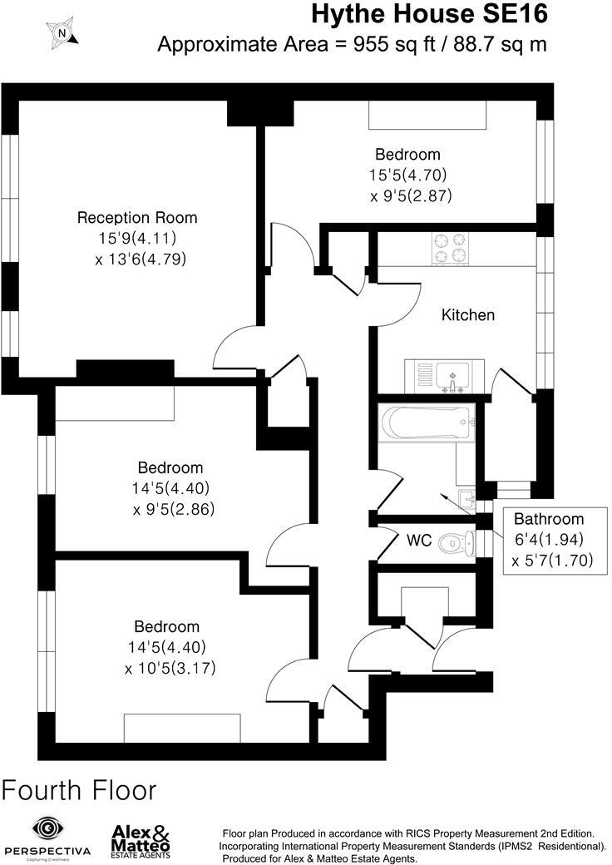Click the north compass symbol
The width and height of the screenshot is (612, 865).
click(x=63, y=33)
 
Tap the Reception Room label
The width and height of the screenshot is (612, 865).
click(x=137, y=218)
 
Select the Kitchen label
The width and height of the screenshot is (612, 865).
click(x=467, y=315)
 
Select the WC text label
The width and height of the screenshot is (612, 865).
click(x=419, y=541)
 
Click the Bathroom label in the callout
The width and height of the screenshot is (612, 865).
click(x=548, y=518)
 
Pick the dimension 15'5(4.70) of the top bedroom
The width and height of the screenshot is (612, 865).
click(x=408, y=175)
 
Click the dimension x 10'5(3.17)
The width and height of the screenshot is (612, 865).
click(x=170, y=668)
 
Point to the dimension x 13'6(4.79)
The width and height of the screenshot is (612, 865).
click(x=141, y=259)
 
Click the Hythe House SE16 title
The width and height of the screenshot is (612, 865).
click(x=430, y=14)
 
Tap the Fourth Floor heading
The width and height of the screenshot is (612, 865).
click(x=80, y=789)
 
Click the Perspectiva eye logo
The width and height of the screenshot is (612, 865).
click(x=47, y=828)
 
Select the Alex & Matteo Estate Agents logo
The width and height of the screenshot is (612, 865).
click(x=141, y=841)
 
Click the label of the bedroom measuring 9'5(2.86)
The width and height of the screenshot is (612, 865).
click(x=170, y=467)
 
